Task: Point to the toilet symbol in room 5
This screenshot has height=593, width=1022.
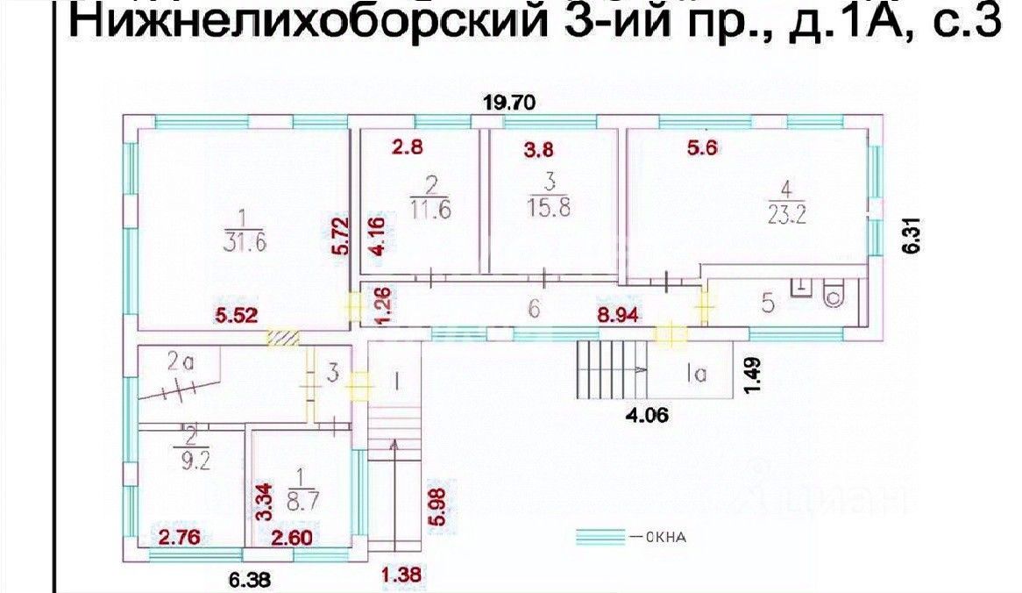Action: [833, 293]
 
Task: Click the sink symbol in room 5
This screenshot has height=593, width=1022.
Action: [799, 288]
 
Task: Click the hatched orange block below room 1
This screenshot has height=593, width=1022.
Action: [283, 336]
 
